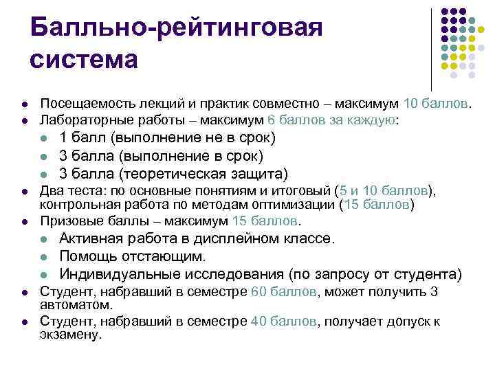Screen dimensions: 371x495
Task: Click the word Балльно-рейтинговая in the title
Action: (x=176, y=28)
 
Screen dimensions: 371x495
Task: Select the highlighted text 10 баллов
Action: (x=438, y=103)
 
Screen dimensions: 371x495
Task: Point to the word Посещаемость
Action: (x=83, y=103)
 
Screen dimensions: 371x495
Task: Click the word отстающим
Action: (x=164, y=257)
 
